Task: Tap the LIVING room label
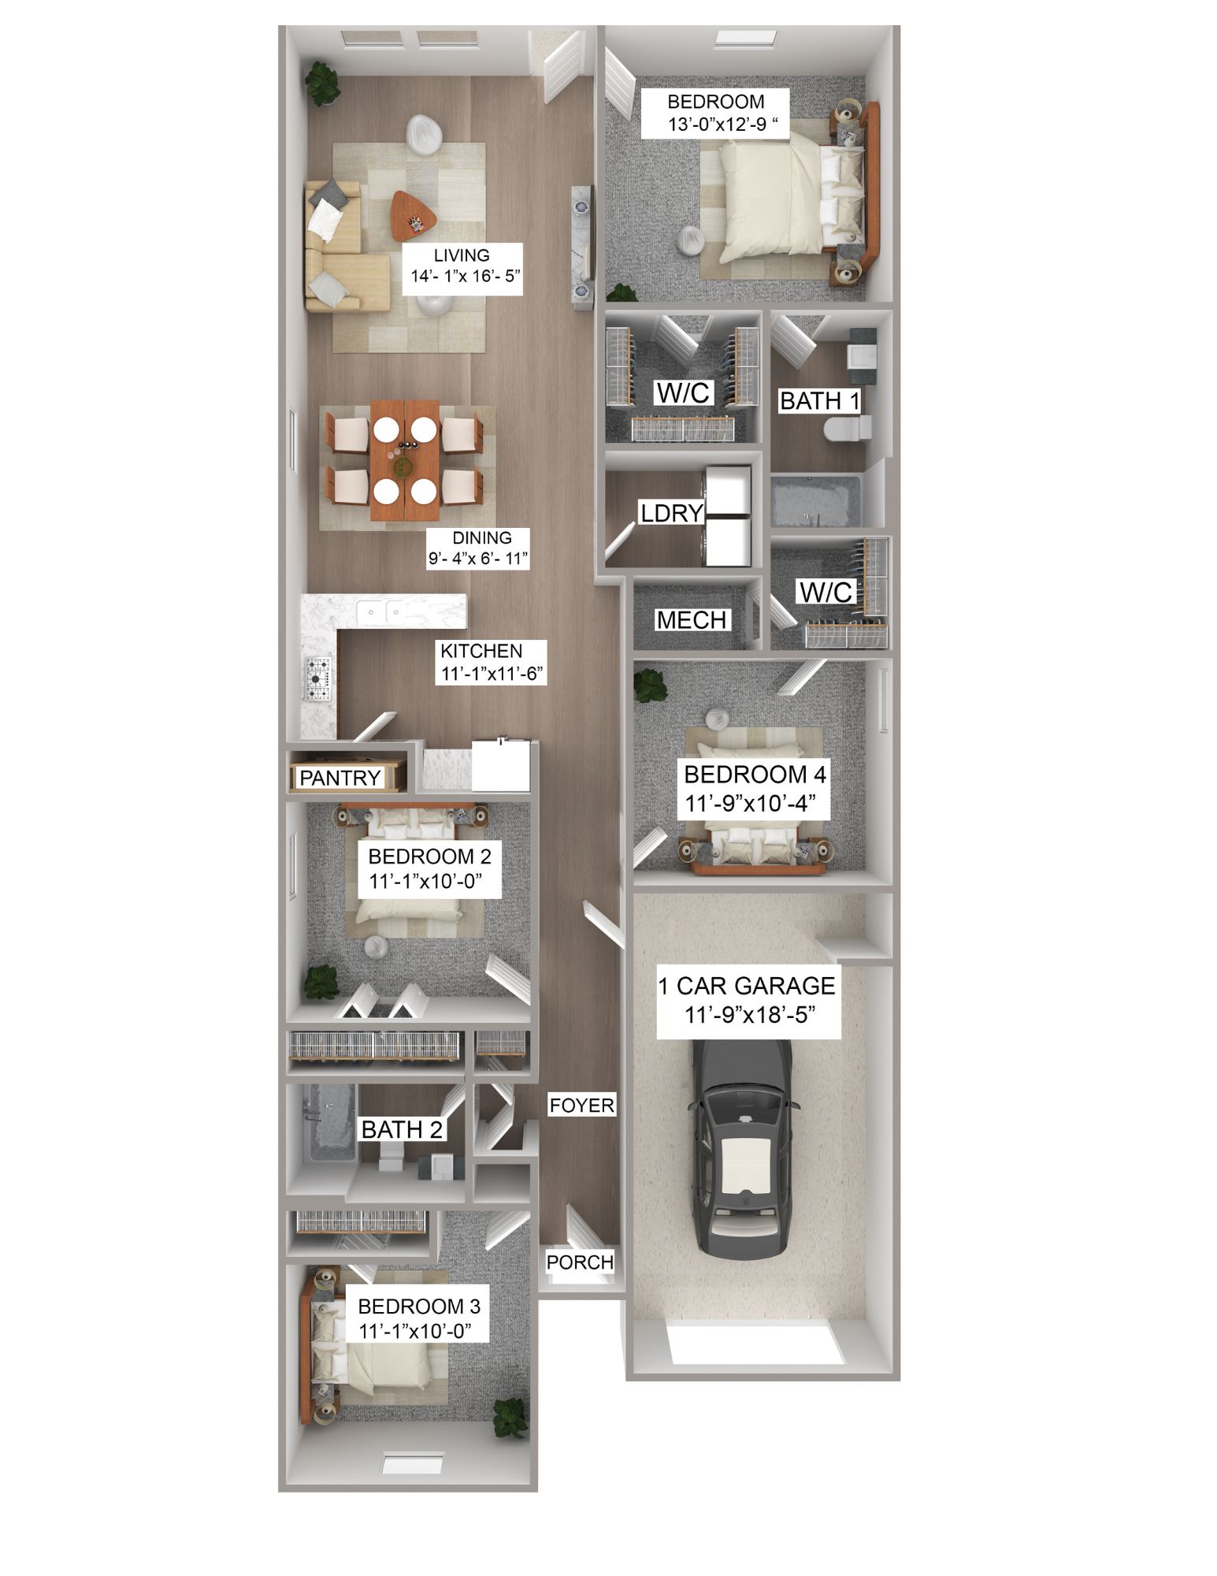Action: pos(462,255)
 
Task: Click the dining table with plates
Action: pos(405,461)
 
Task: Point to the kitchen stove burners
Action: pos(318,678)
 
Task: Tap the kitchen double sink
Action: pos(380,611)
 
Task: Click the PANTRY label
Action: pos(340,778)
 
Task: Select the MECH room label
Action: pos(691,620)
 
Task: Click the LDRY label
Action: pos(671,513)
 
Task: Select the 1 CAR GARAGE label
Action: pos(746,986)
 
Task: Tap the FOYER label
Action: pos(581,1105)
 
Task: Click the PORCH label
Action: pos(580,1262)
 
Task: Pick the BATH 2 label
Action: pos(402,1129)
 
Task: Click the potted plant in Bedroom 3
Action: pos(510,1418)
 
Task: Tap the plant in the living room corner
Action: pos(322,83)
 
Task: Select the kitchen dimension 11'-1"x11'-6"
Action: pos(492,674)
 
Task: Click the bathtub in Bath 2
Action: pos(330,1123)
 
